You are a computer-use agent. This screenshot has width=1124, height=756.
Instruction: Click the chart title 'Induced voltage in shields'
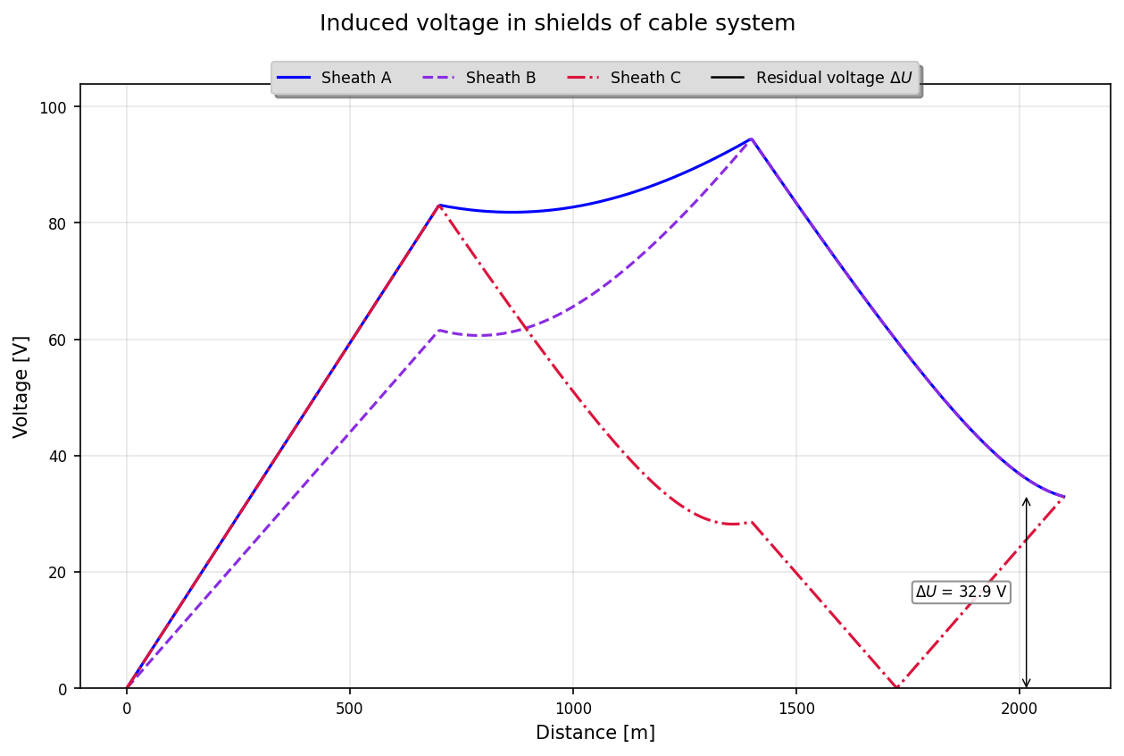(557, 23)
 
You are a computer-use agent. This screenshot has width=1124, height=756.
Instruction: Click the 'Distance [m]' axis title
(595, 733)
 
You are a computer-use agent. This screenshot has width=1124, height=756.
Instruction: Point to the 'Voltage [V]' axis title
(21, 386)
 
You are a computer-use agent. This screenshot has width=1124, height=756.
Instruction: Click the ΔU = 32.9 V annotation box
(961, 592)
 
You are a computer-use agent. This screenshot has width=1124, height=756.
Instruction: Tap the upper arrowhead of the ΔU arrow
(1026, 500)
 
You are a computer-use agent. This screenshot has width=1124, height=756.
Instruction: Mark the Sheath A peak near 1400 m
(751, 139)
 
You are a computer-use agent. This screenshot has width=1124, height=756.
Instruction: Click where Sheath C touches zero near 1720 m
(895, 687)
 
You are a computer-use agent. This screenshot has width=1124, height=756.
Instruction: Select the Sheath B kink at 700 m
(438, 331)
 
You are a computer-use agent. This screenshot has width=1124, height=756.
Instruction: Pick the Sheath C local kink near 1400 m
(751, 522)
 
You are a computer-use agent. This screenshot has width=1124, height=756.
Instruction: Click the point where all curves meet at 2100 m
(1063, 497)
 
